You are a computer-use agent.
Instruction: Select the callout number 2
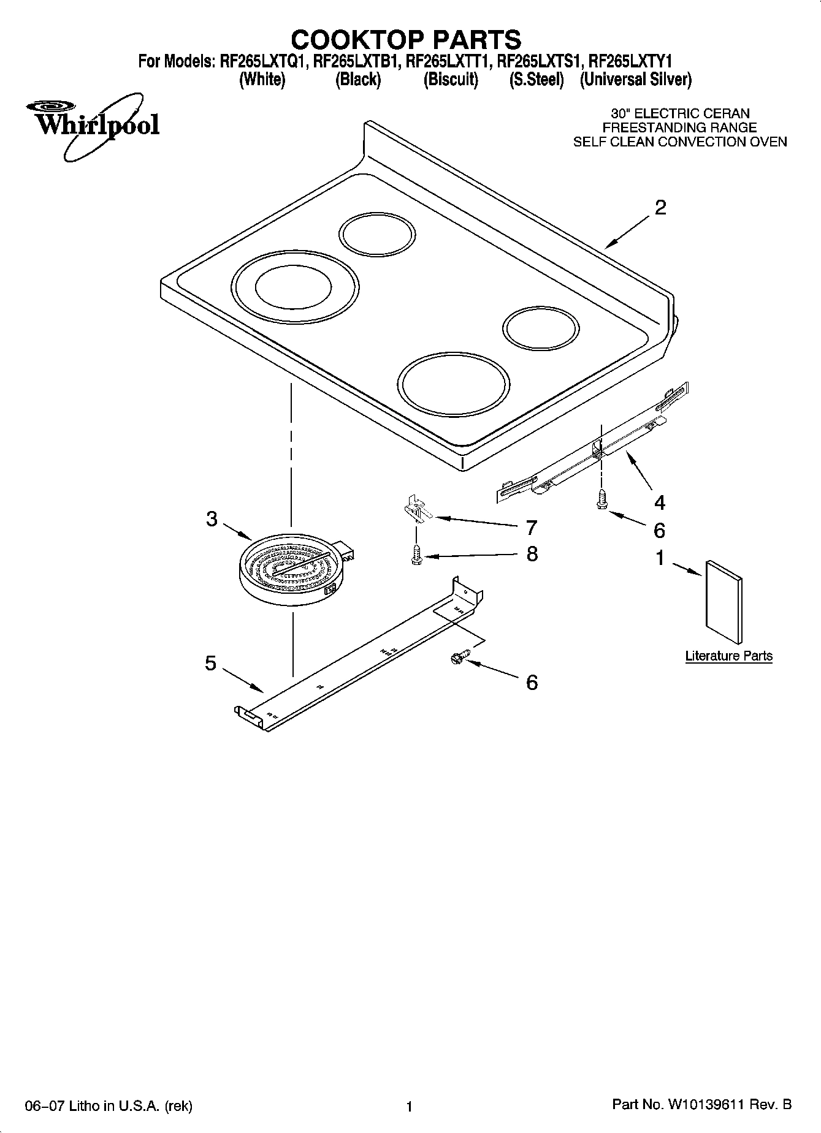pos(660,208)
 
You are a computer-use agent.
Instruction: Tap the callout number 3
pos(212,520)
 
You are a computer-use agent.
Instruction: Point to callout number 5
pos(210,663)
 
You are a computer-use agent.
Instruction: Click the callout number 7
pos(532,528)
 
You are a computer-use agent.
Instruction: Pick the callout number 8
pos(532,555)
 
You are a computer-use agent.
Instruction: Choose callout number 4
pos(659,503)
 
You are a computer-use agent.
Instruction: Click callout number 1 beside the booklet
pos(660,558)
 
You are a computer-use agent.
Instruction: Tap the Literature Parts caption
pos(728,656)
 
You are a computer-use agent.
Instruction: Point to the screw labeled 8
pos(416,555)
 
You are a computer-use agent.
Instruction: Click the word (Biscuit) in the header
pos(451,80)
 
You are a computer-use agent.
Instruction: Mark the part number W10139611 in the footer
pos(705,1105)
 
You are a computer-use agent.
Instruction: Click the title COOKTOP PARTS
pos(406,40)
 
